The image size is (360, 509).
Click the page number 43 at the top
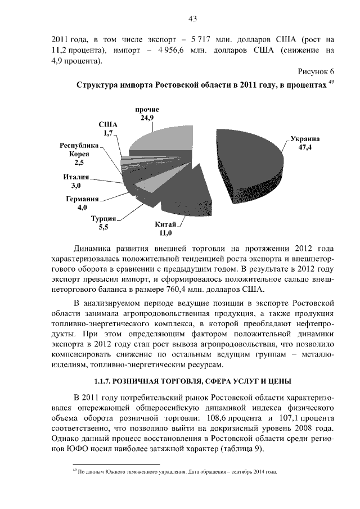[x=192, y=19]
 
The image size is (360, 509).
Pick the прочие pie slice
[x=157, y=138]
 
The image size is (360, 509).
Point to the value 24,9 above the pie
[x=147, y=118]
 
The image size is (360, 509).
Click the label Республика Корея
[x=79, y=150]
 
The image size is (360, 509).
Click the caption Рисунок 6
[x=314, y=73]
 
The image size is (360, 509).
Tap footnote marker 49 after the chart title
[x=331, y=83]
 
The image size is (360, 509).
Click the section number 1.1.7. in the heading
[x=107, y=381]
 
